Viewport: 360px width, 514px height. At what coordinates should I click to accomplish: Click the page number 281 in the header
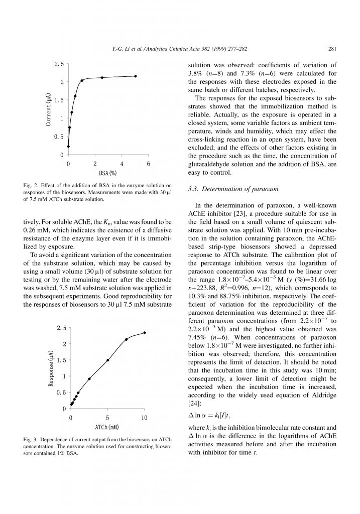[x=331, y=49]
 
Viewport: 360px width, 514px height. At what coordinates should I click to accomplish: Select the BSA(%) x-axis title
[x=108, y=173]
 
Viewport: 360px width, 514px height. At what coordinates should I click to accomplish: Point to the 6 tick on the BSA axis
[x=149, y=164]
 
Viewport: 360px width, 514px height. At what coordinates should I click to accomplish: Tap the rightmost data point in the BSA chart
[x=136, y=76]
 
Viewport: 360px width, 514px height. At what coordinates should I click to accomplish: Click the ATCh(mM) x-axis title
[x=107, y=427]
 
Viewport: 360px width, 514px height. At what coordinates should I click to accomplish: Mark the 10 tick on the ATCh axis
[x=144, y=418]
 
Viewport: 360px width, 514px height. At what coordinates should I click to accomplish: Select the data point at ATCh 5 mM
[x=108, y=360]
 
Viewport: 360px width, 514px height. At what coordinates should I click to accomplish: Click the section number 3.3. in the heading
[x=194, y=190]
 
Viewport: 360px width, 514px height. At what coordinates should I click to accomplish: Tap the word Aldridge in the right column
[x=322, y=395]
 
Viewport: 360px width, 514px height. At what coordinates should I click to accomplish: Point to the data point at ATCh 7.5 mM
[x=126, y=339]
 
